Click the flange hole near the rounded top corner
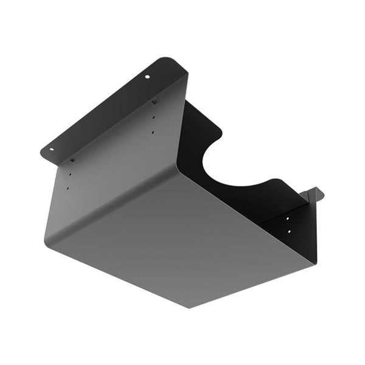(146, 77)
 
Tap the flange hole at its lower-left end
(52, 148)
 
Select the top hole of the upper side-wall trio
(154, 102)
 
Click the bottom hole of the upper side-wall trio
(153, 131)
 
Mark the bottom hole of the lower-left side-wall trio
(68, 189)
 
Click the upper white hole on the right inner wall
(289, 217)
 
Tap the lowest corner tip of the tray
(189, 307)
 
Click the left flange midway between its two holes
(100, 112)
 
